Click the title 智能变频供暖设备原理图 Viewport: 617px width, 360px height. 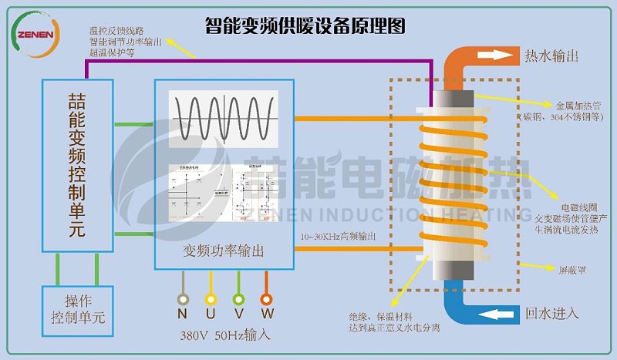click(305, 27)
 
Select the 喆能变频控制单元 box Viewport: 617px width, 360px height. click(77, 165)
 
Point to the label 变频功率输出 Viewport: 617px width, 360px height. click(224, 251)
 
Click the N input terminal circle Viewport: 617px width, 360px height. click(182, 299)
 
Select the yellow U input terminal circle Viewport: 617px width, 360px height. click(210, 299)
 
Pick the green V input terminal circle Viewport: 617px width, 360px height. click(238, 299)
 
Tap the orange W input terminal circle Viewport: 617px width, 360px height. click(266, 299)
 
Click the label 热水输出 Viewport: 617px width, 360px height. click(552, 56)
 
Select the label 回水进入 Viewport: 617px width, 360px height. click(552, 314)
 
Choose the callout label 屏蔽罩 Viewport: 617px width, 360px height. click(574, 269)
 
